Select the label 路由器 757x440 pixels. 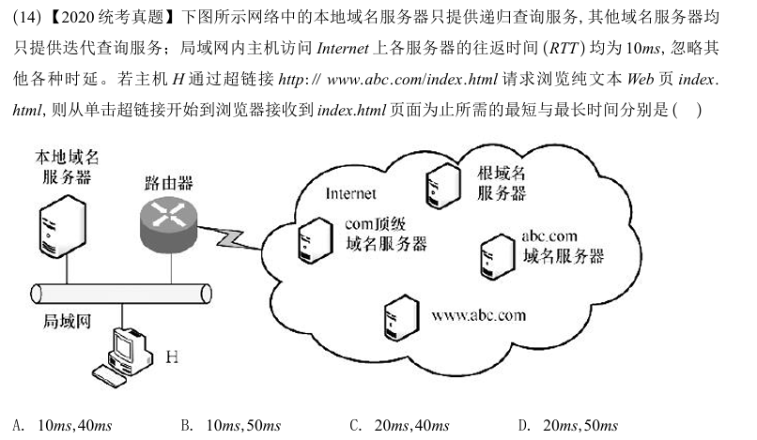tap(169, 180)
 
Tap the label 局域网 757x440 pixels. tap(67, 321)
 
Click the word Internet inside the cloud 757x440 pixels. tap(350, 194)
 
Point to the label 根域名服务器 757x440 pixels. tap(501, 183)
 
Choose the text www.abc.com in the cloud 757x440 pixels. tap(478, 314)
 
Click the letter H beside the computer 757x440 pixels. tap(173, 357)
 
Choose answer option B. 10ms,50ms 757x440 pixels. tap(230, 426)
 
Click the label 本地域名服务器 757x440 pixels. tap(66, 166)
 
